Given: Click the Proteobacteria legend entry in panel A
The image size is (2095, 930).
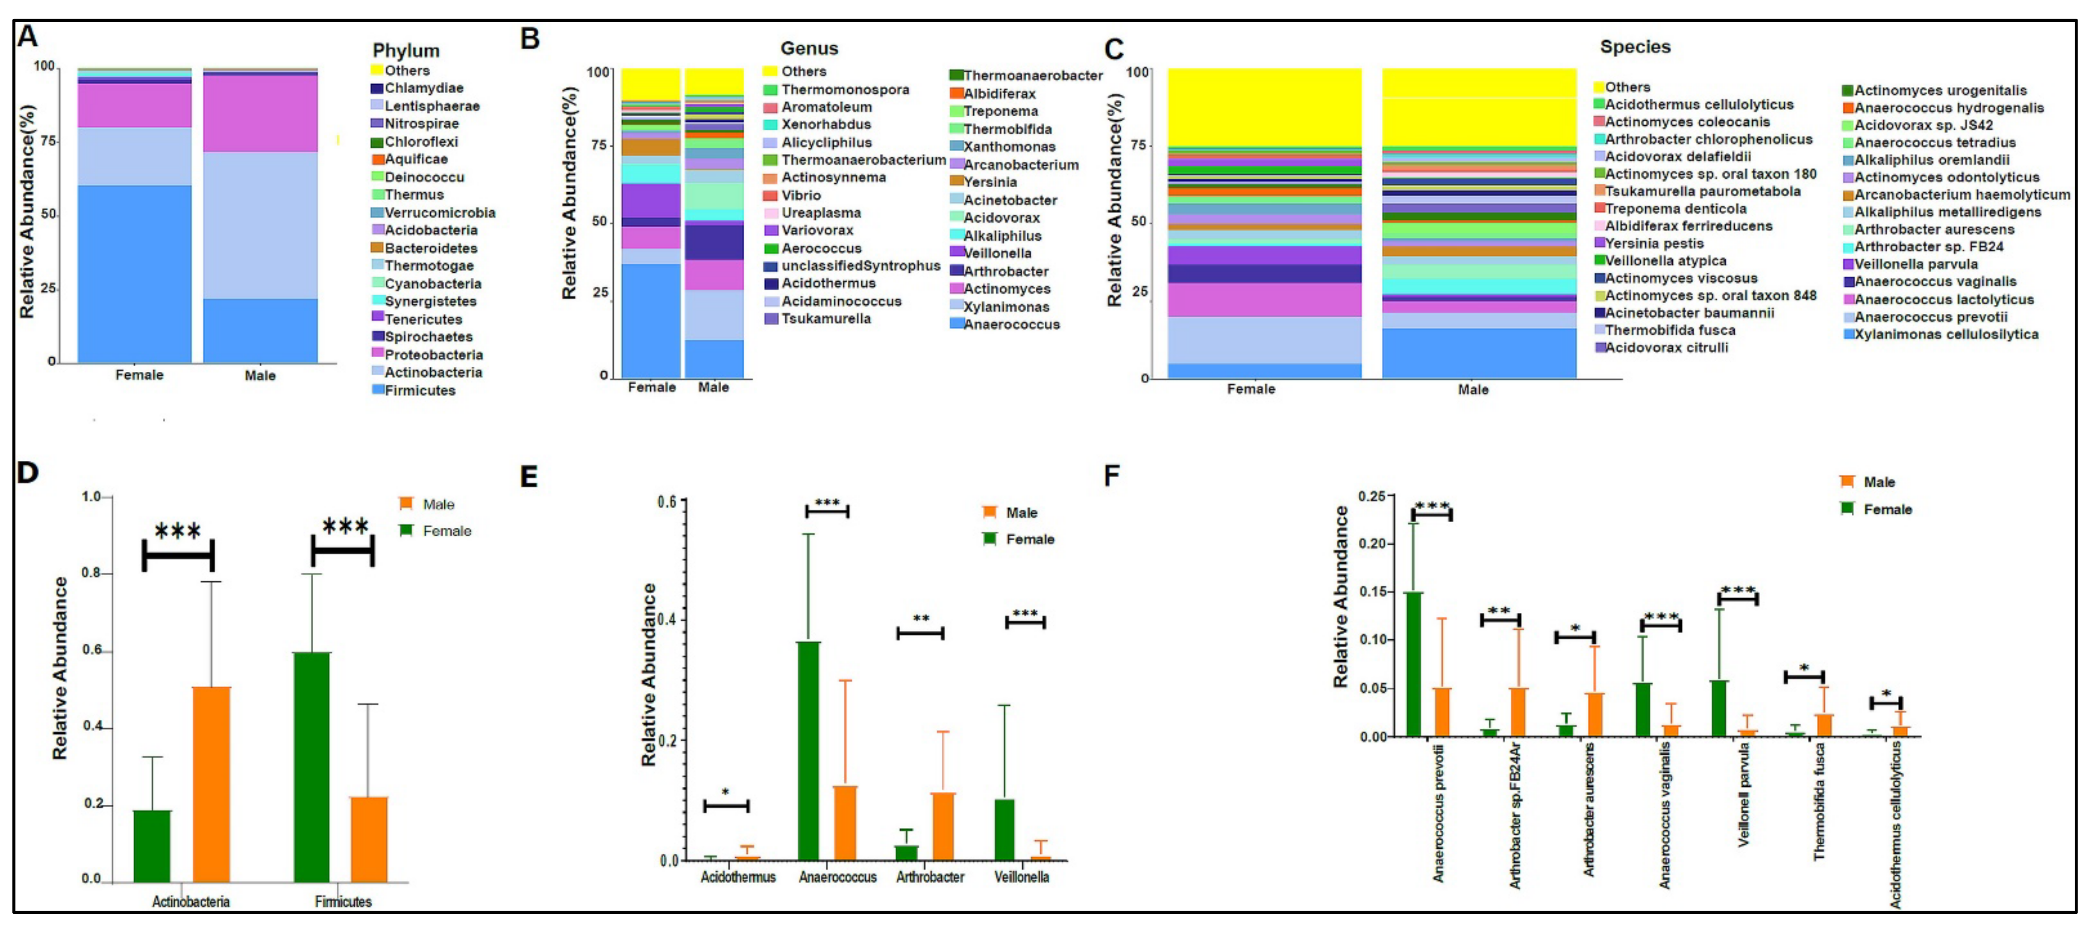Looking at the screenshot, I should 433,355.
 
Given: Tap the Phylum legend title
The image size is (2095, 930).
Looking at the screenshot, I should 406,51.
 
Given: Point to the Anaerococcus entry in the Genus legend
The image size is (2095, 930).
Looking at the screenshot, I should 1011,325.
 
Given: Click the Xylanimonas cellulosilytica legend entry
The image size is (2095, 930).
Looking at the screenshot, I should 1945,335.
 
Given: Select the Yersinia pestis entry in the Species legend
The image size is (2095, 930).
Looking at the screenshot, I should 1653,243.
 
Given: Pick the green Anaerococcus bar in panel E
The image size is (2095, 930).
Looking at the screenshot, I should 809,750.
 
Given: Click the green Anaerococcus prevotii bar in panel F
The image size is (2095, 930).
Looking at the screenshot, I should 1414,664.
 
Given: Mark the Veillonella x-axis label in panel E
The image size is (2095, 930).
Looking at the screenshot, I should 1022,877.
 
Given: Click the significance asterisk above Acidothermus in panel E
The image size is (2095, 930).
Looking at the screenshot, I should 724,792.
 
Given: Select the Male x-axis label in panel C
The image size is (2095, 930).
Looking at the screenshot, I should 1473,390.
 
